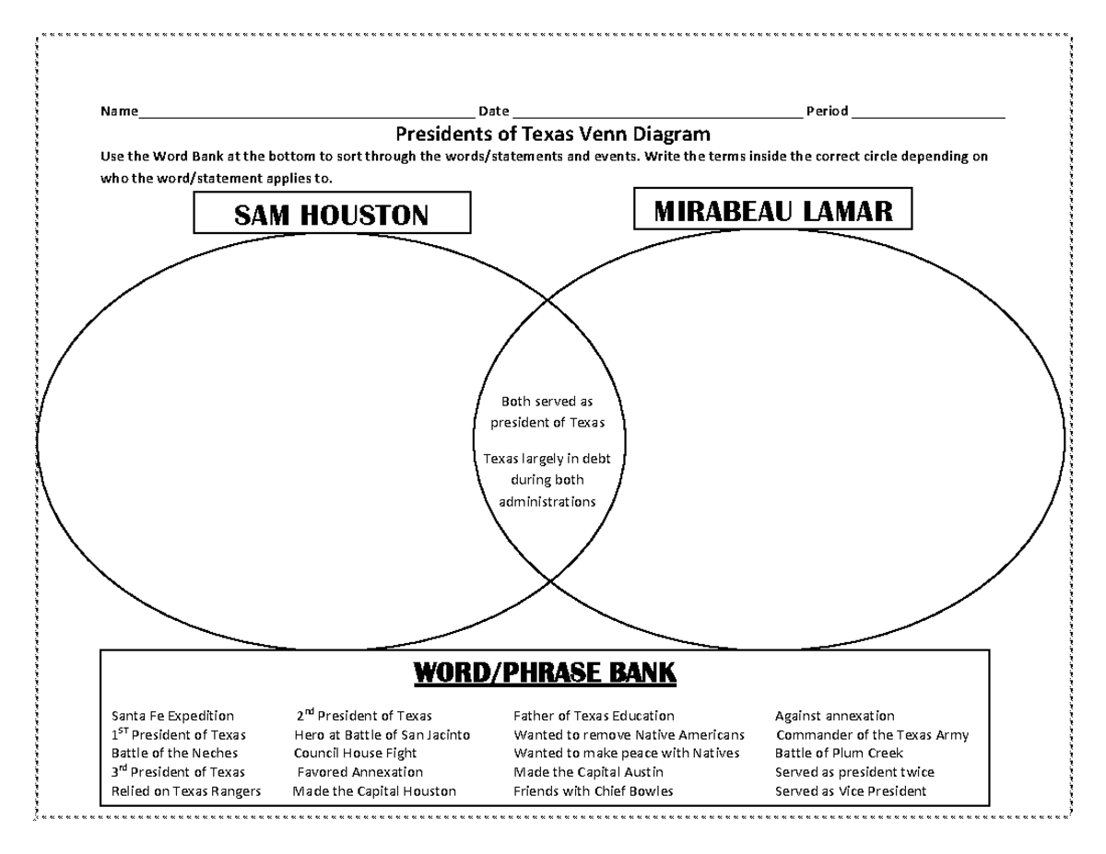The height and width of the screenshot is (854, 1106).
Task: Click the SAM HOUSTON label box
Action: click(x=332, y=214)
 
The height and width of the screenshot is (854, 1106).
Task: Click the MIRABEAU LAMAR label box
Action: click(x=773, y=210)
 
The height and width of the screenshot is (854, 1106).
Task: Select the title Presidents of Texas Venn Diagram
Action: click(x=553, y=134)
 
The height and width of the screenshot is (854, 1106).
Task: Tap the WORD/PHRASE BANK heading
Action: click(x=545, y=674)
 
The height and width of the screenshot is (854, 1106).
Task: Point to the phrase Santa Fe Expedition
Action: click(x=172, y=716)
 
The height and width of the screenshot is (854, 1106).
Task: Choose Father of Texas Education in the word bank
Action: click(x=594, y=716)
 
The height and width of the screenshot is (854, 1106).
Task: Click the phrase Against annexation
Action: click(x=834, y=716)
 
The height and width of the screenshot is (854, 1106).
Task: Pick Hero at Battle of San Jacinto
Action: click(x=382, y=735)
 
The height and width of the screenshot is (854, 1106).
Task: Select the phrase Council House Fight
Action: click(x=355, y=754)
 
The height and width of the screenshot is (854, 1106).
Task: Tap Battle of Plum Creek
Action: click(x=839, y=754)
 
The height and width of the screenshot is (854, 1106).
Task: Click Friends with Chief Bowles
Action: click(x=594, y=791)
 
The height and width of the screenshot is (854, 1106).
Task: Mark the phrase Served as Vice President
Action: click(x=851, y=791)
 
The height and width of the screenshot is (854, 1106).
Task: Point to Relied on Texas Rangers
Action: click(x=186, y=791)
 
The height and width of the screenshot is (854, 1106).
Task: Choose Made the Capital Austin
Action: click(x=588, y=772)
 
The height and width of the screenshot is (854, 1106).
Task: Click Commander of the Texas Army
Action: click(x=872, y=735)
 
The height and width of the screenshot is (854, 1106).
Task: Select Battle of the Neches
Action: click(x=174, y=754)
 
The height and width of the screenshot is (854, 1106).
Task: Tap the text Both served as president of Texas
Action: click(x=547, y=412)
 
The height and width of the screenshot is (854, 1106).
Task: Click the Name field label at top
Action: click(x=119, y=111)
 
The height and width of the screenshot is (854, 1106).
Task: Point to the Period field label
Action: click(x=827, y=111)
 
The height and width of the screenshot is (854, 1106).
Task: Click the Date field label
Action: click(x=494, y=111)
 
